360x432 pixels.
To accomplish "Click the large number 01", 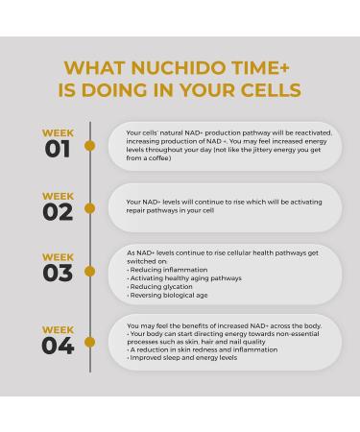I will click(58, 149).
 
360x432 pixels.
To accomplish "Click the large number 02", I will click(58, 212).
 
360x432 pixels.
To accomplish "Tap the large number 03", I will click(58, 274).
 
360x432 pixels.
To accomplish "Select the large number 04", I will click(58, 345).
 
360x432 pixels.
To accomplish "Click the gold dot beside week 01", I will click(90, 146).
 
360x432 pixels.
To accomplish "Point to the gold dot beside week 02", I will click(90, 208).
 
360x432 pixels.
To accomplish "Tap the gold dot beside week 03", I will click(90, 270).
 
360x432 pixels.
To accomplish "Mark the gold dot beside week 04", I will click(90, 341).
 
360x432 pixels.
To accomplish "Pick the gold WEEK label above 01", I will click(58, 133).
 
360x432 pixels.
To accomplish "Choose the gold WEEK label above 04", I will click(58, 329).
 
